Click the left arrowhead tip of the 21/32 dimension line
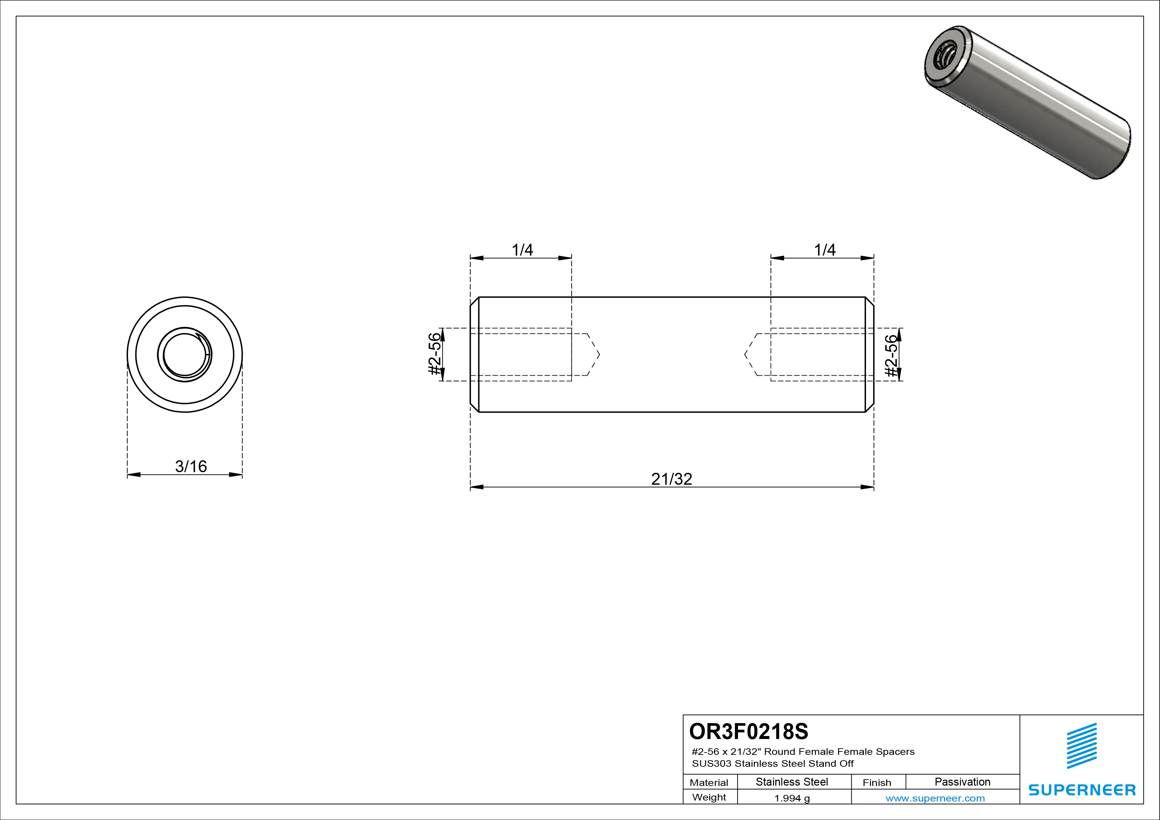[470, 487]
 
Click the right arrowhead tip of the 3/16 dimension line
[242, 474]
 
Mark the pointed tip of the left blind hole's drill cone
[600, 354]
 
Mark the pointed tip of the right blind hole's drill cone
[744, 354]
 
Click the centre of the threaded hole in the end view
[185, 354]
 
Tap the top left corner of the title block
[683, 715]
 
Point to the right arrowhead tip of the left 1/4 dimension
[572, 258]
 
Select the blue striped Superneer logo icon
[1082, 746]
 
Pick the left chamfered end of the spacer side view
[474, 354]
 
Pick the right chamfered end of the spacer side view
[870, 354]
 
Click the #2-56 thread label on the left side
[435, 354]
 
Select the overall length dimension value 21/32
[671, 479]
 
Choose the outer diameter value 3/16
[191, 466]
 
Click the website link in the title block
[935, 798]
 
